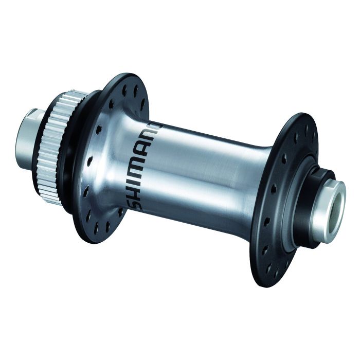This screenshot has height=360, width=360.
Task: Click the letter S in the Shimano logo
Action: pos(135,202)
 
